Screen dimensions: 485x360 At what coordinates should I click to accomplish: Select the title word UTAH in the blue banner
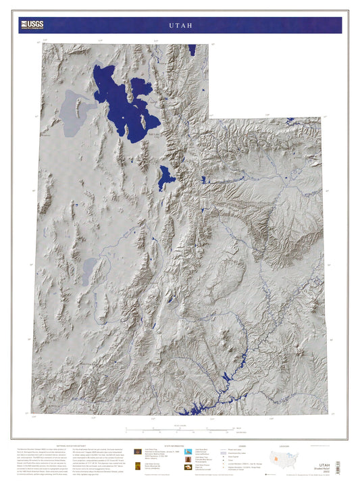click(180, 25)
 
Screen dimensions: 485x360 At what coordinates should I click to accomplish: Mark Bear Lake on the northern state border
click(192, 50)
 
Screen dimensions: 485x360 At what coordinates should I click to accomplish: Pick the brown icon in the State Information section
click(138, 452)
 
